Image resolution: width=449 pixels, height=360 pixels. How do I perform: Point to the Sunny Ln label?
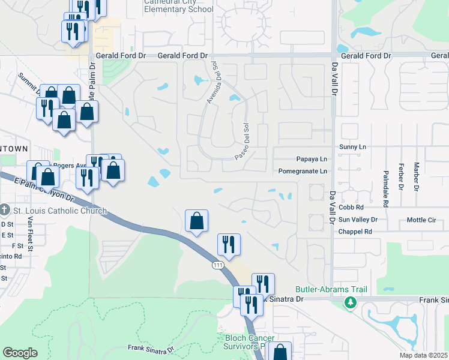coord(352,146)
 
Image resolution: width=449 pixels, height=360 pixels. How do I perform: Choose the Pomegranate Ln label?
coord(303,171)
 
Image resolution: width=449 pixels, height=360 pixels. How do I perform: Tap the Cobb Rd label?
coord(351,208)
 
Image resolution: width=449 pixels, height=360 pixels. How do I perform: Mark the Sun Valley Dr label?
coord(358,220)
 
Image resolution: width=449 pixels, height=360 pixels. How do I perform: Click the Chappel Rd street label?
coord(355,231)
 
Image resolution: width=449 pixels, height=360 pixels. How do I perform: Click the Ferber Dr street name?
coord(400,177)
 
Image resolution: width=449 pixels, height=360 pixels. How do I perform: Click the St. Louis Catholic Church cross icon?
coord(5,211)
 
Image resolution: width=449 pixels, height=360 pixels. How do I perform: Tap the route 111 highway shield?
coord(217,264)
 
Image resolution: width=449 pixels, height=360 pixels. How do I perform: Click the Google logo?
coord(20,353)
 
